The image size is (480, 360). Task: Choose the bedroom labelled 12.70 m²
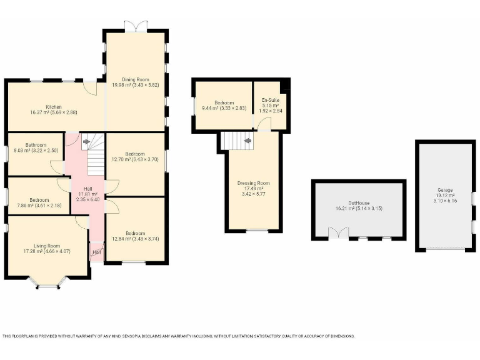[x=134, y=154]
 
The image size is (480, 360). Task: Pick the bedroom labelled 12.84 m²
[x=134, y=232]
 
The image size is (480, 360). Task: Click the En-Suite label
[x=270, y=100]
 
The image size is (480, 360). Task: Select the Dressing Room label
[x=253, y=183]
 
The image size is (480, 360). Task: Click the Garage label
[x=445, y=190]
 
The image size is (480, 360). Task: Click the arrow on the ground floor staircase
[x=84, y=141]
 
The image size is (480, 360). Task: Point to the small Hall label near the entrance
[x=96, y=252]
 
